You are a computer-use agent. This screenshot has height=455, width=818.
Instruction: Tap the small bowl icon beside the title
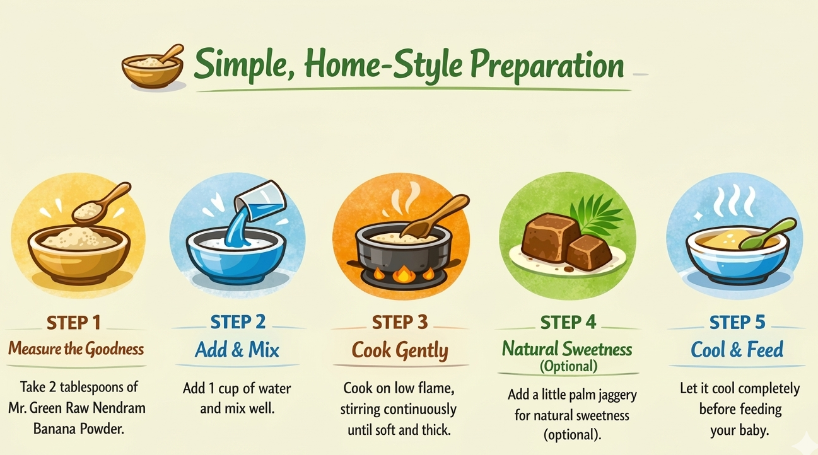(x=153, y=67)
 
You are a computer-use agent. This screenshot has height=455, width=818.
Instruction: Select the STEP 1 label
(x=74, y=323)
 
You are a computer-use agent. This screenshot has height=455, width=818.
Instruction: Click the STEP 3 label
(x=400, y=323)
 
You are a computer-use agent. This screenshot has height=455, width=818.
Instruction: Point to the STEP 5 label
(x=737, y=323)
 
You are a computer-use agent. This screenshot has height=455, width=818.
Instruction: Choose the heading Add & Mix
(x=237, y=350)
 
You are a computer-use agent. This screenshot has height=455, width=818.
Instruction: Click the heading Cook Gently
(x=400, y=350)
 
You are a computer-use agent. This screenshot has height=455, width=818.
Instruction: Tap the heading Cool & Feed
(x=737, y=350)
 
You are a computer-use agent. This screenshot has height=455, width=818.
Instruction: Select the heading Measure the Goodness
(x=76, y=349)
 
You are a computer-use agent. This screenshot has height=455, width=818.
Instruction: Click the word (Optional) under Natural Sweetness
(x=569, y=366)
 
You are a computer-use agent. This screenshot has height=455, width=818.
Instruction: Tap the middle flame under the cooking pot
(x=403, y=274)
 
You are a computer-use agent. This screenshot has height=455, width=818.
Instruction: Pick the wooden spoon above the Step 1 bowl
(x=101, y=203)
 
